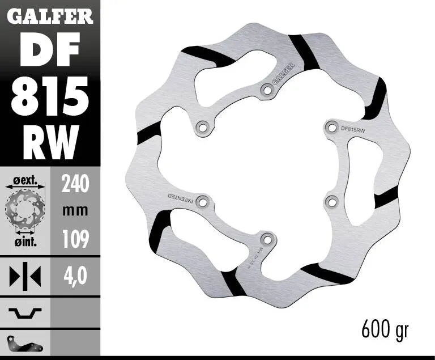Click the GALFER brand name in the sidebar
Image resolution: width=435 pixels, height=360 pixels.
pos(50,16)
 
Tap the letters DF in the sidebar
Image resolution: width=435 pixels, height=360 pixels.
pos(50,51)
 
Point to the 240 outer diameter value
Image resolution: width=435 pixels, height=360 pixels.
pos(75,184)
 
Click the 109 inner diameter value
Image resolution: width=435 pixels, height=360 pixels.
pos(75,239)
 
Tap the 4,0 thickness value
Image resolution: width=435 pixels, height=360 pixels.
pos(75,276)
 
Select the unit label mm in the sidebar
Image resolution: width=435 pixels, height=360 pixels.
pos(75,211)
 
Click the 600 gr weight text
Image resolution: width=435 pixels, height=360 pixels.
pos(384,328)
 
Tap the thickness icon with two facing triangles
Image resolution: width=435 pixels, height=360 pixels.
pos(25,276)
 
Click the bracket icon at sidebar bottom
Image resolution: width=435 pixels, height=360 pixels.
pos(25,343)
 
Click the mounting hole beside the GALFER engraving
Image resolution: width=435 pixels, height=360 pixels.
pos(267,89)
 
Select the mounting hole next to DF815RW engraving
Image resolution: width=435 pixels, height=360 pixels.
pos(331,126)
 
